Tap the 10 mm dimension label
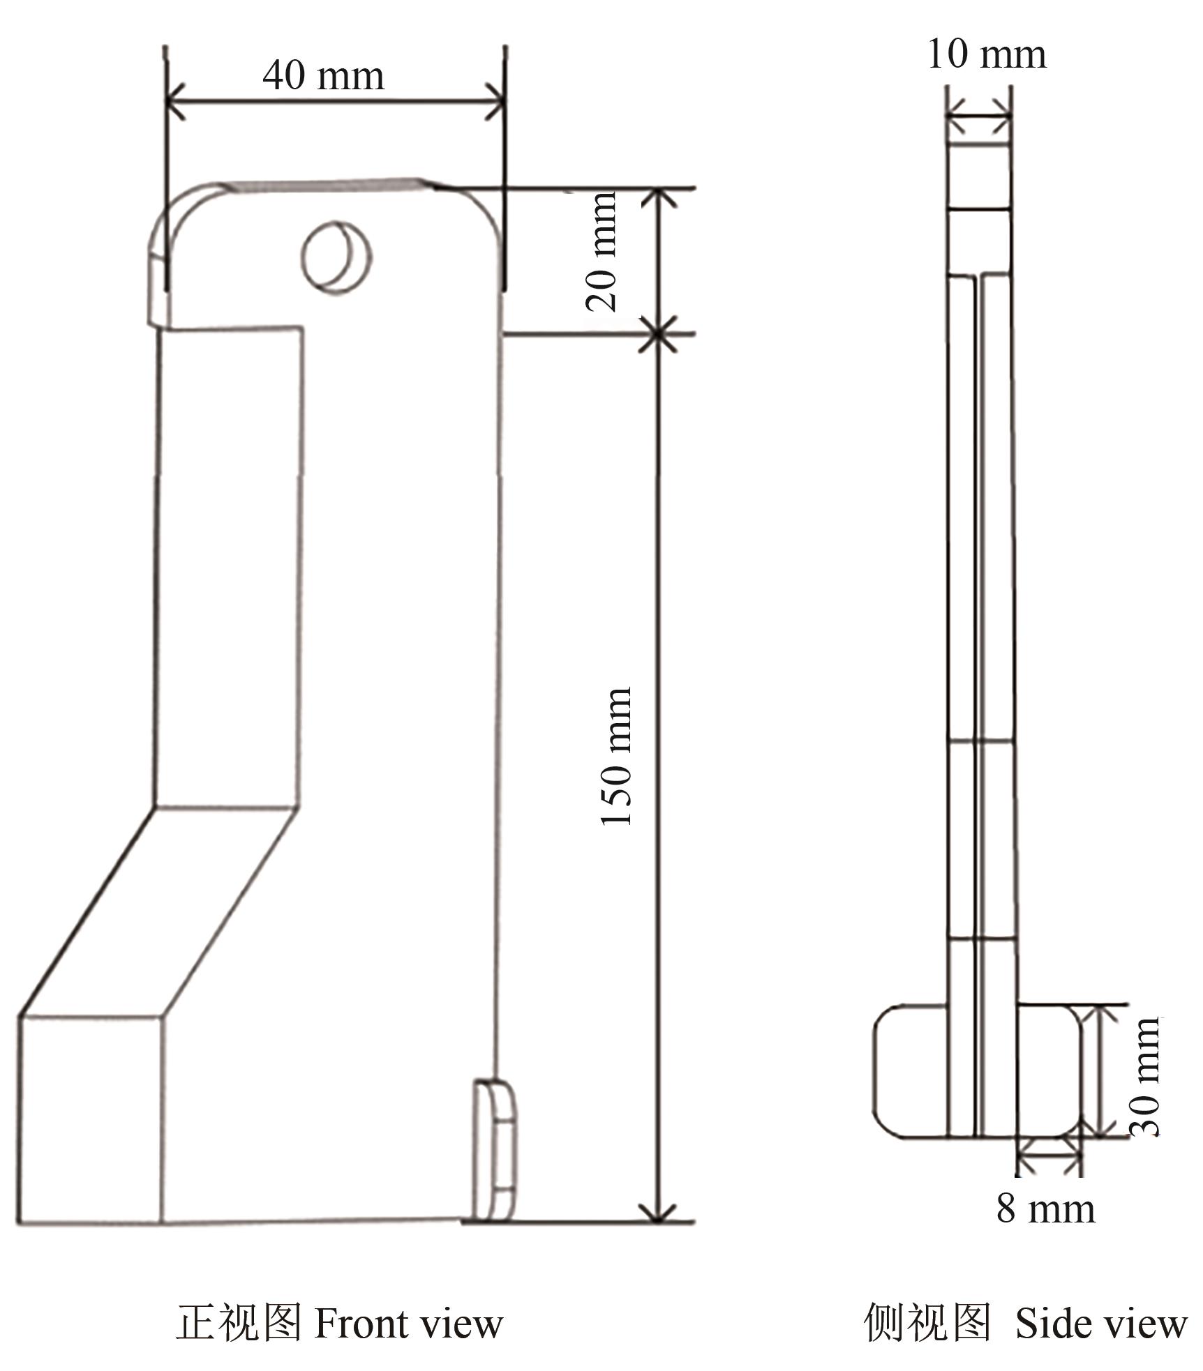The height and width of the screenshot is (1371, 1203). click(x=986, y=54)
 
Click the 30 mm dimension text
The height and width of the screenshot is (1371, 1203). click(x=1145, y=1077)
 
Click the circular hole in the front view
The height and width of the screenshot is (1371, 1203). click(x=336, y=257)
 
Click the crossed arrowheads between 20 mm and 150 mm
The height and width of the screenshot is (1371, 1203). click(x=657, y=335)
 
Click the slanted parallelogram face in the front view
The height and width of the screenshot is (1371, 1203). click(x=157, y=910)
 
